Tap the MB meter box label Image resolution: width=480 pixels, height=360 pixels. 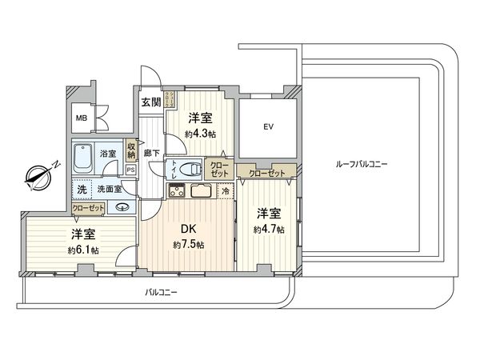tap(82, 118)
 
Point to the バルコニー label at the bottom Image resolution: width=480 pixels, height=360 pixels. tap(161, 293)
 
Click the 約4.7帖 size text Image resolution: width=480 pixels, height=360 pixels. tap(267, 229)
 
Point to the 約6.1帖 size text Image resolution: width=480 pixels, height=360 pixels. tap(83, 250)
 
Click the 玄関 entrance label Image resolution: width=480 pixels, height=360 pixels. tap(150, 102)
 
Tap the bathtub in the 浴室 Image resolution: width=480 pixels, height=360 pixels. tap(82, 161)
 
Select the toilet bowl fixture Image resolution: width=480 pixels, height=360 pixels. tap(190, 169)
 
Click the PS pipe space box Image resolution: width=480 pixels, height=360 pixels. tap(130, 170)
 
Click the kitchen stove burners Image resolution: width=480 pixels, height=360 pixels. tap(176, 190)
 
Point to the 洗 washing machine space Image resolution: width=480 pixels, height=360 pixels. tap(82, 190)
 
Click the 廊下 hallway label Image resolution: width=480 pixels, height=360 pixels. tap(150, 152)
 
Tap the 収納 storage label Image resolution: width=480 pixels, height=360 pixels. tap(130, 152)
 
